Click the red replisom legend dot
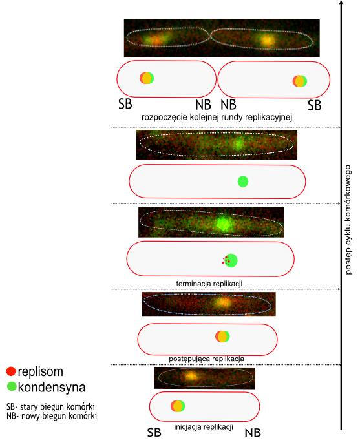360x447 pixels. [11, 371]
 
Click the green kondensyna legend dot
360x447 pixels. [12, 386]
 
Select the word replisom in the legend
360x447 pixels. [41, 371]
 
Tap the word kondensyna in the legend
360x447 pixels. [52, 387]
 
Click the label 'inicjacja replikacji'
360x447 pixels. [204, 427]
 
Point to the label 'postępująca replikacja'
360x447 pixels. [207, 359]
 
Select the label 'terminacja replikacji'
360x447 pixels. [209, 284]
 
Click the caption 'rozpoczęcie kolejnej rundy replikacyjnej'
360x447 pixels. [217, 117]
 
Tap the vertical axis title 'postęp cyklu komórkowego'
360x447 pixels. [348, 220]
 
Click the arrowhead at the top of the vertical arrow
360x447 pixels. [341, 3]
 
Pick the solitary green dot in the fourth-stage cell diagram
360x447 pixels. [243, 182]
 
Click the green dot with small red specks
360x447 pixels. [231, 260]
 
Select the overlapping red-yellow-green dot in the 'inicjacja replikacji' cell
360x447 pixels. [178, 406]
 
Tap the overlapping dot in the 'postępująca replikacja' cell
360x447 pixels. [222, 337]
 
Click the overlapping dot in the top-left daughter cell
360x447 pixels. [147, 78]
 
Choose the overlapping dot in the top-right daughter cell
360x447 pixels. [300, 81]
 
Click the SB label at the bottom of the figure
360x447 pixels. [154, 433]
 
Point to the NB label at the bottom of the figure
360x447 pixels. [253, 433]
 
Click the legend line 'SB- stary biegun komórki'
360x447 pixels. [50, 406]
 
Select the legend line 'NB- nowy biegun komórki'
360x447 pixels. [52, 416]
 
